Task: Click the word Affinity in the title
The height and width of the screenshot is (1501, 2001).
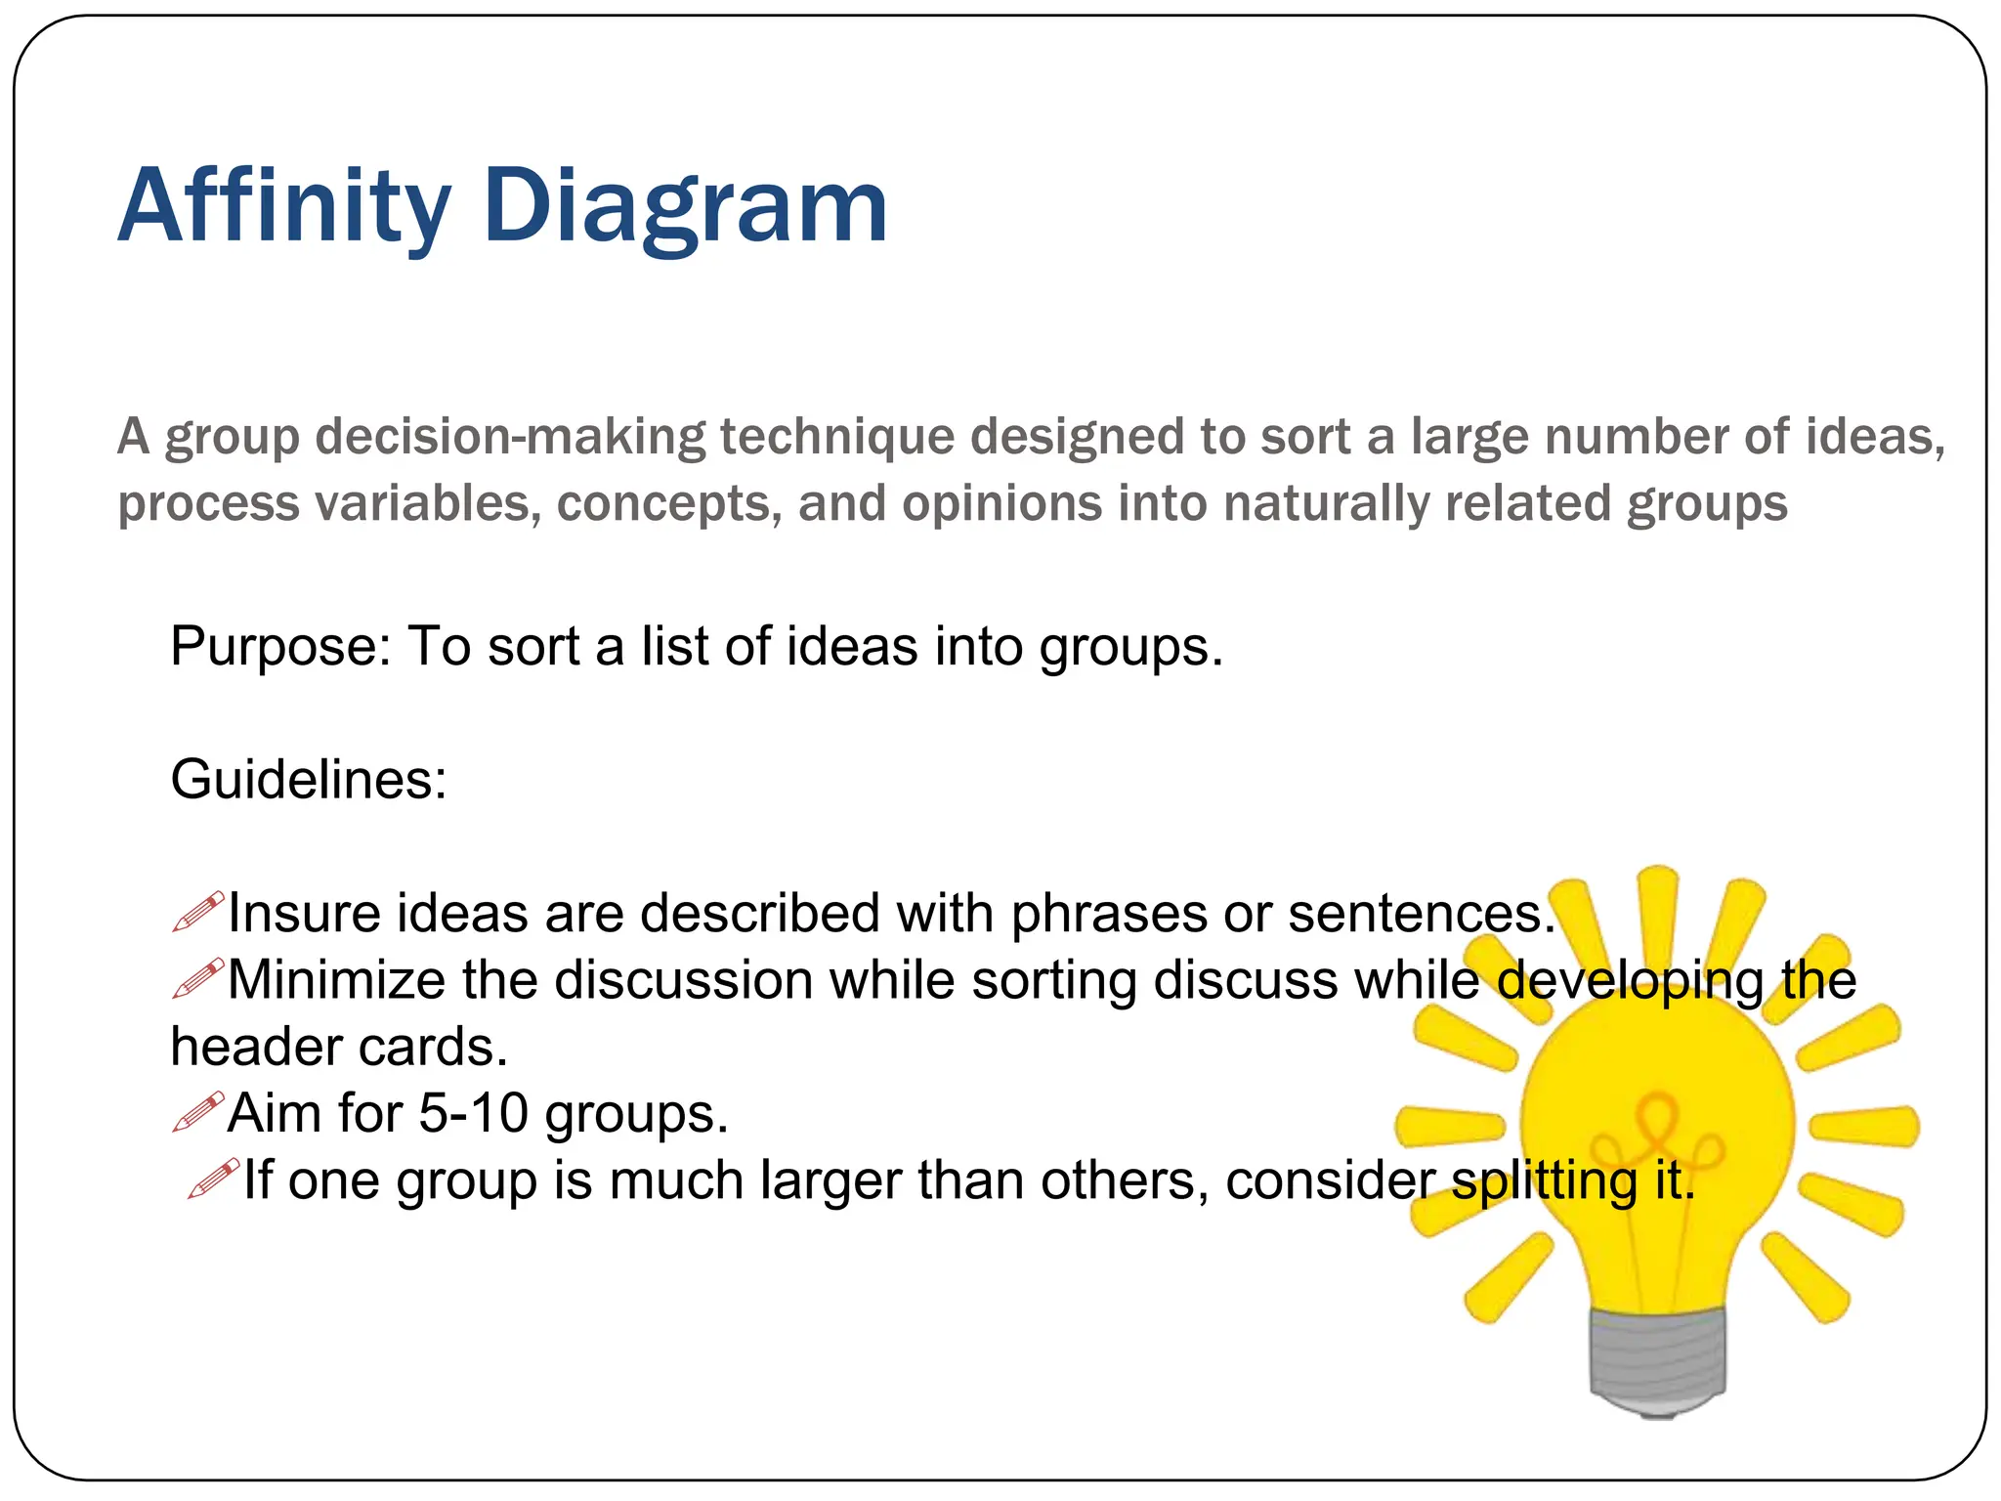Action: click(x=283, y=206)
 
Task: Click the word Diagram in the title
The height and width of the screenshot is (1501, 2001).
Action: click(x=685, y=206)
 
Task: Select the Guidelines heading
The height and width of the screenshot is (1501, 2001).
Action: click(x=308, y=780)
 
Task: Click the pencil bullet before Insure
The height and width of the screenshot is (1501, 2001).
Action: click(x=198, y=911)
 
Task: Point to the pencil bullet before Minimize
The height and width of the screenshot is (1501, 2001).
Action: click(x=198, y=978)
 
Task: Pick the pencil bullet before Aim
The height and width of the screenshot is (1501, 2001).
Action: click(x=198, y=1112)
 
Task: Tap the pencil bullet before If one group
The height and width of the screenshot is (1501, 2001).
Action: click(x=213, y=1179)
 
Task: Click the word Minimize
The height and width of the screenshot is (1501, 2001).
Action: click(x=336, y=980)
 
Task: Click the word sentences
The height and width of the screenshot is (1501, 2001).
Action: click(x=1421, y=914)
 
